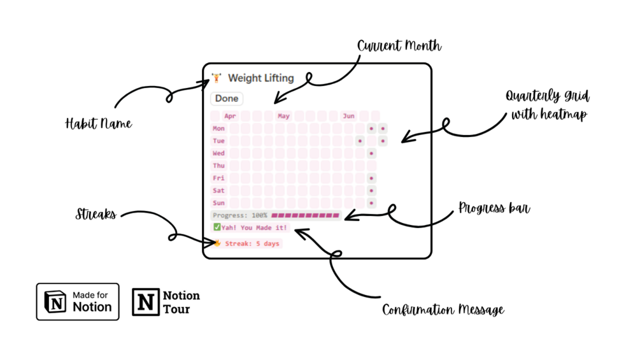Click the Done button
tap(227, 98)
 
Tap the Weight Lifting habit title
tap(260, 78)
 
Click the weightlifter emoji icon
tap(217, 78)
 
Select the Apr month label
tap(230, 116)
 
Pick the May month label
tap(283, 116)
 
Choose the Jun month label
tap(348, 116)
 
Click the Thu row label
tap(218, 166)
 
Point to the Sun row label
tap(218, 203)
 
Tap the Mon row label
tap(218, 128)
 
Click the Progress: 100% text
tap(240, 215)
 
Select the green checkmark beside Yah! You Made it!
tap(217, 227)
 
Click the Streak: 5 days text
tap(252, 243)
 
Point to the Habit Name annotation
tap(99, 123)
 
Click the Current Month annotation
tap(399, 47)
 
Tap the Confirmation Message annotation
tap(443, 310)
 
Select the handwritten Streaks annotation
tap(96, 214)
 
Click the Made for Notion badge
tap(78, 301)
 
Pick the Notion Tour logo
tap(166, 301)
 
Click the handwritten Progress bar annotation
tap(494, 209)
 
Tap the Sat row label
tap(218, 191)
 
